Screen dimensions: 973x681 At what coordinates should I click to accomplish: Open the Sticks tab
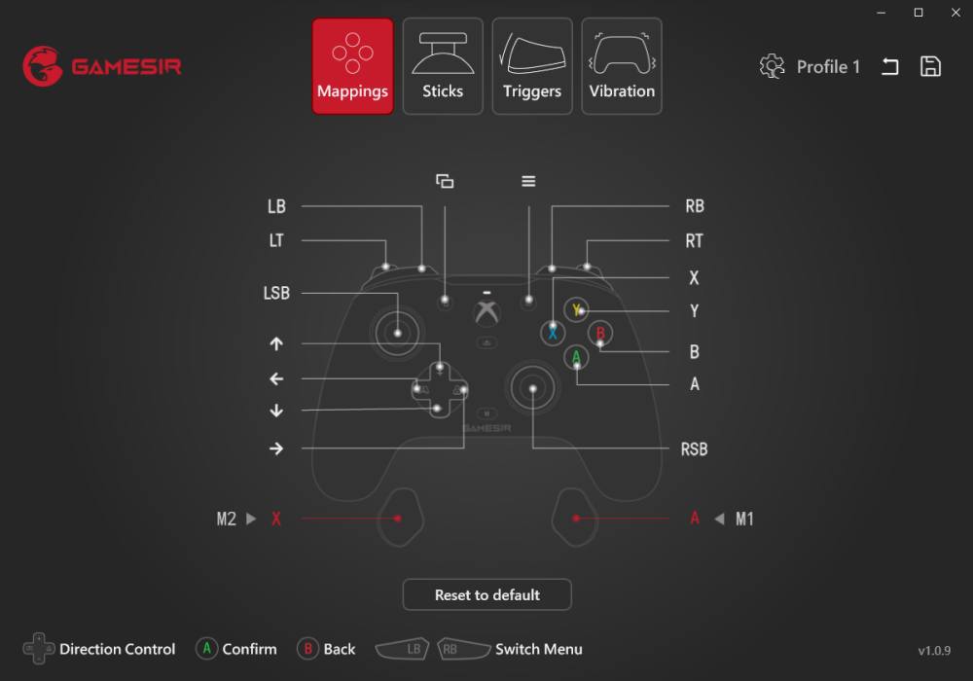pos(443,66)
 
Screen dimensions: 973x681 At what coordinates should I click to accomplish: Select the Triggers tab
pos(532,66)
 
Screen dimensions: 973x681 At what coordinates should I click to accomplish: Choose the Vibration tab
pos(621,66)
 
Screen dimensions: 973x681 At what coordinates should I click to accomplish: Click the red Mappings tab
pos(352,66)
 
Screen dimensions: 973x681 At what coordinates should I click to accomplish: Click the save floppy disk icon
pos(930,66)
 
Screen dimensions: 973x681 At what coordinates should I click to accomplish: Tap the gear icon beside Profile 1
pos(772,66)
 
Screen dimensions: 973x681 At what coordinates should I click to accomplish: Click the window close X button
pos(955,13)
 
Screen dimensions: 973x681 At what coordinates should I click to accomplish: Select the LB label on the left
pos(276,206)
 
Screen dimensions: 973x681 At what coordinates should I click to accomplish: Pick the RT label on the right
pos(695,240)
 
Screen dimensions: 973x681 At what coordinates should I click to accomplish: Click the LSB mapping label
pos(276,293)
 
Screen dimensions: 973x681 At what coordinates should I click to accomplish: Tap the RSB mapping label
pos(695,449)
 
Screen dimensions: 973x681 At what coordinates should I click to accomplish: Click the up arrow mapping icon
pos(276,343)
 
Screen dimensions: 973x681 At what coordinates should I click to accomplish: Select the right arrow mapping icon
pos(276,448)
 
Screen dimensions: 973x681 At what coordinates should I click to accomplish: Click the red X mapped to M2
pos(276,520)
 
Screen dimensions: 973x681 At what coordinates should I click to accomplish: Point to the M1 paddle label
pos(744,520)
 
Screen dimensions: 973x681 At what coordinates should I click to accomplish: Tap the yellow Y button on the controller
pos(576,309)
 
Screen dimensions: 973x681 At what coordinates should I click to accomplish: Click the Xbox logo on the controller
pos(487,313)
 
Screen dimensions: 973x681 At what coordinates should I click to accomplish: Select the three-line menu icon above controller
pos(528,181)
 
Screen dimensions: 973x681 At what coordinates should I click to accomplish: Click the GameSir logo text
pos(126,66)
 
